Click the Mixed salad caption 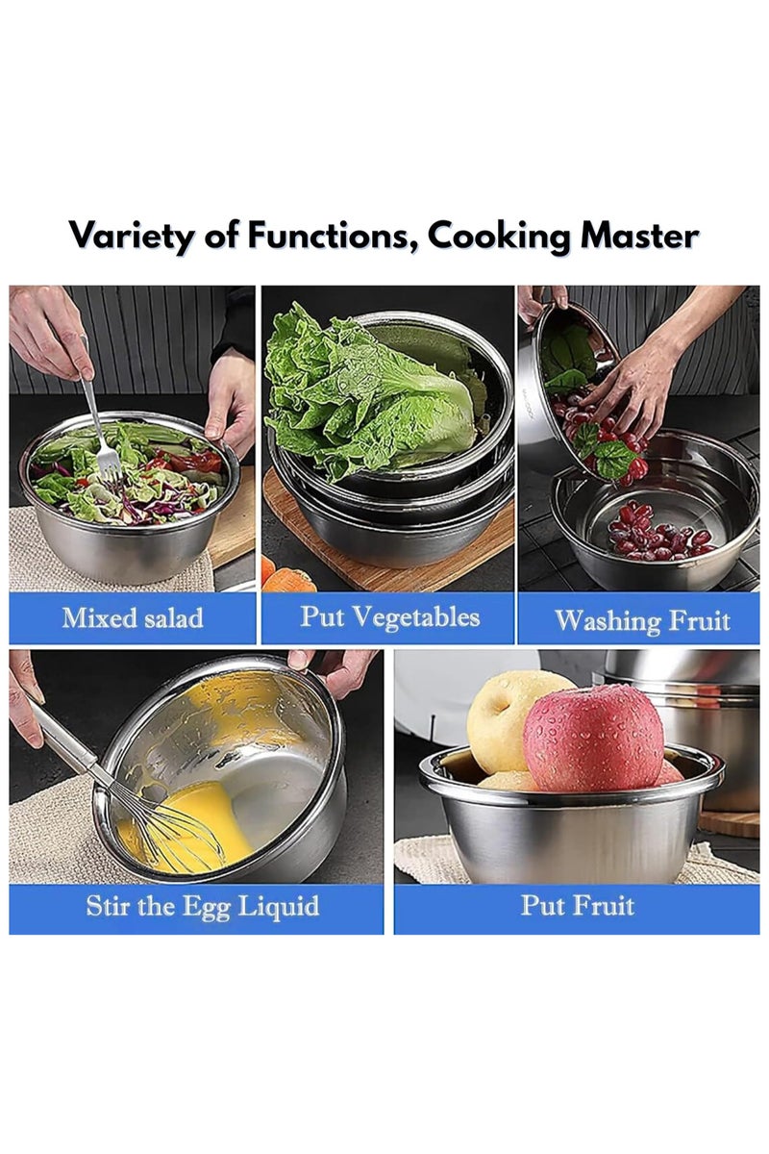point(133,617)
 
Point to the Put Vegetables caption point(389,616)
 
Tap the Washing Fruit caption point(642,620)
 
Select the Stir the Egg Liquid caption point(203,906)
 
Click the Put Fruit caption point(578,905)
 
